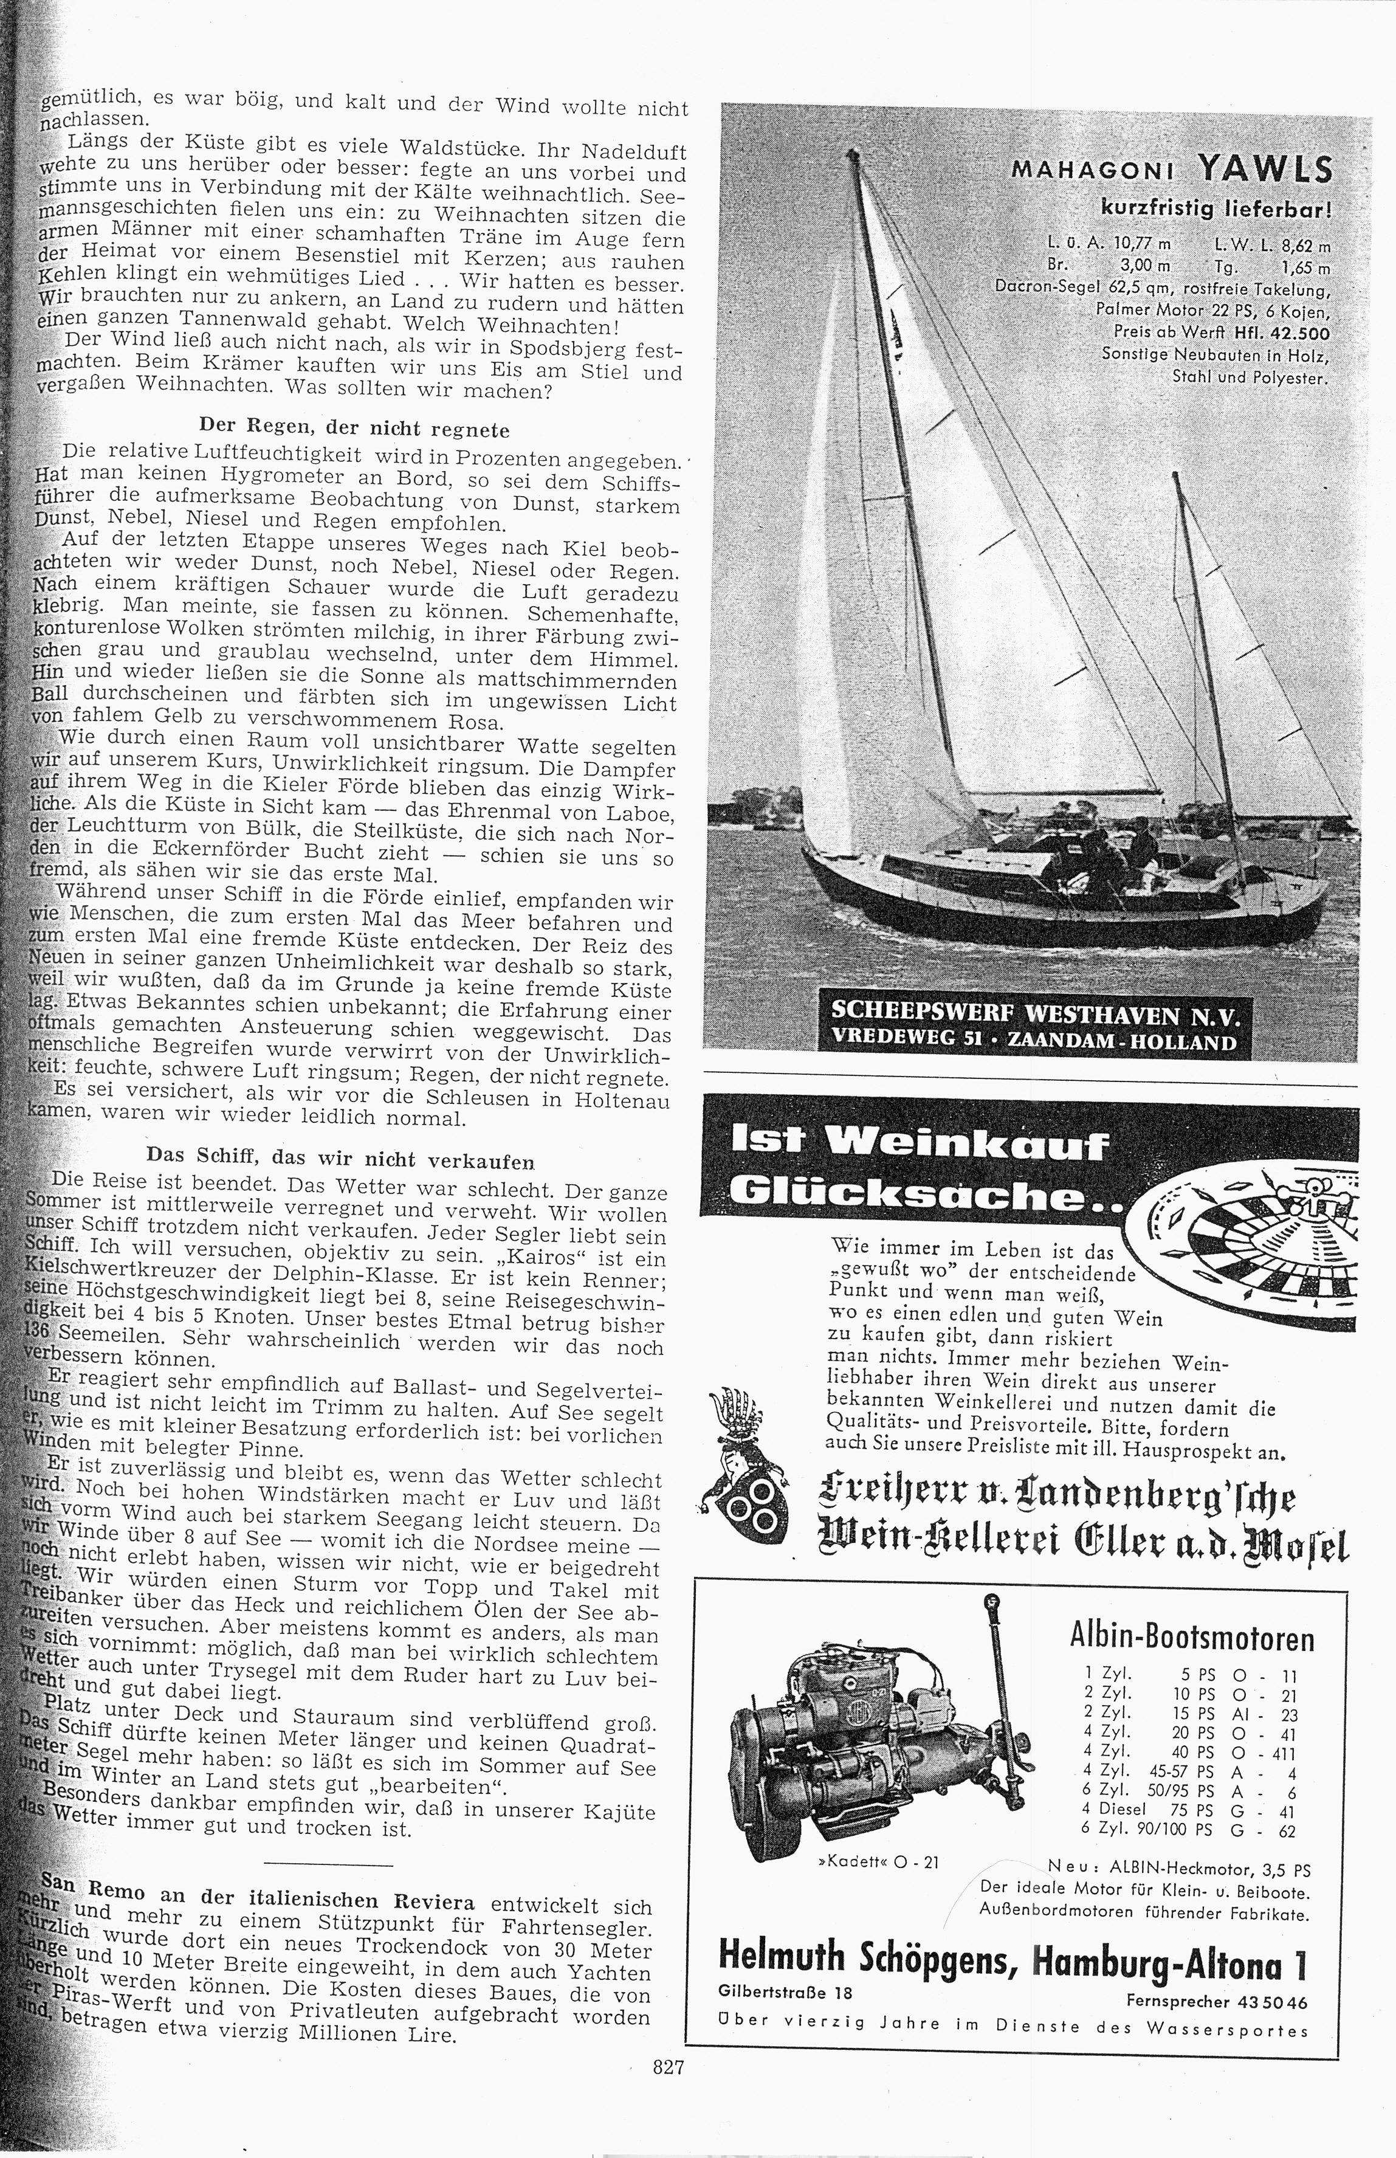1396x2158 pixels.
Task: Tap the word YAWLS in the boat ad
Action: coord(1265,170)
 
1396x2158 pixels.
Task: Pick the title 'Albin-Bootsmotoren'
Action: coord(1191,1638)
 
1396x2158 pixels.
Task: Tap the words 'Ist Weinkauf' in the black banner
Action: coord(920,1145)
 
